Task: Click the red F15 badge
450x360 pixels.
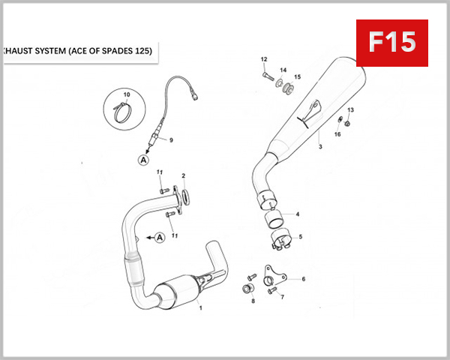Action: click(391, 43)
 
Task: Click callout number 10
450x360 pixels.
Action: click(126, 94)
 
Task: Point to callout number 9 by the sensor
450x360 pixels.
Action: click(170, 139)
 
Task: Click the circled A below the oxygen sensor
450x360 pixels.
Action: click(142, 159)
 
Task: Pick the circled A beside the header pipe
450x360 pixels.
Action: click(159, 238)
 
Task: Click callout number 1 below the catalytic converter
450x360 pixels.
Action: click(199, 307)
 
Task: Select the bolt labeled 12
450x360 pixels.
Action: click(267, 76)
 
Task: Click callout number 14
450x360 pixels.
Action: click(283, 70)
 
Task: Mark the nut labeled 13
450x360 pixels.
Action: click(346, 123)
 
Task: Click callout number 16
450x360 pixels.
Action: click(337, 134)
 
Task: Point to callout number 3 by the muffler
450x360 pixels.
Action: click(319, 147)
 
